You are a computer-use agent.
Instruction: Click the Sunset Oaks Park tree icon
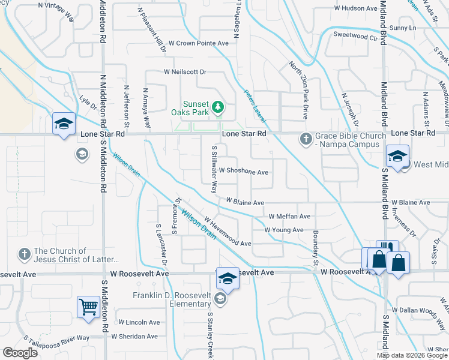pos(218,107)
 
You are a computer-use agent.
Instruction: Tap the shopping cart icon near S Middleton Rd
pos(88,307)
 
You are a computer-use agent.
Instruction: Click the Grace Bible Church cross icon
pos(306,139)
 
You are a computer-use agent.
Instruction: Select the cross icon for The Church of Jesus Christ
pos(24,254)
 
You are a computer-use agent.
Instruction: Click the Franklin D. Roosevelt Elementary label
pos(172,299)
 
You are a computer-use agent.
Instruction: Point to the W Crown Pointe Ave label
pos(198,43)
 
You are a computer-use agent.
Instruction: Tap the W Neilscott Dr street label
pos(185,71)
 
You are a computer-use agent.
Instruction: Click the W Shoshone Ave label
pos(243,172)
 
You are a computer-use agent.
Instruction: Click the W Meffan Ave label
pos(289,216)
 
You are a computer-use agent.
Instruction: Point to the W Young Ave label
pos(284,230)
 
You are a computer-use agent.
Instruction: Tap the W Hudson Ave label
pos(355,8)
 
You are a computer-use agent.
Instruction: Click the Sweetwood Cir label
pos(358,36)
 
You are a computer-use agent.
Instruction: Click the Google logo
pos(20,353)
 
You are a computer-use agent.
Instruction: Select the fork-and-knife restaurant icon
pos(387,248)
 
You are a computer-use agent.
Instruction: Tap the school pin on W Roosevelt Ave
pos(228,278)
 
